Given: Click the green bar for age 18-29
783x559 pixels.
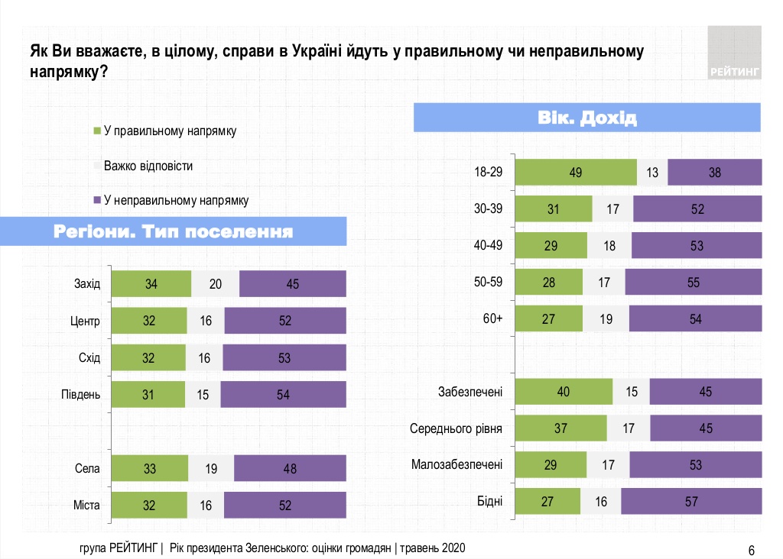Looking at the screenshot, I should coord(576,173).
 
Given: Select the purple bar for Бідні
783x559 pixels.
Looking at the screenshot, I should coord(691,501).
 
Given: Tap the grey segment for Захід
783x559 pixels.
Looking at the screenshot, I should coord(215,284).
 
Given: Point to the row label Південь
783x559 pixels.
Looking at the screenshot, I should coord(80,394).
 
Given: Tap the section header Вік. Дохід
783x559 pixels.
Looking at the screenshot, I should coord(588,118).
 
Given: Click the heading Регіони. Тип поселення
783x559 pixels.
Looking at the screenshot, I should coord(174,231).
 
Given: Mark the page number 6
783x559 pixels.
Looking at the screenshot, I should coord(751,550).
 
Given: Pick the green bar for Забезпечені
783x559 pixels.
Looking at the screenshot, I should coord(564,392).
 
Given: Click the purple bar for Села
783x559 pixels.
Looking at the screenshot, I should coord(290,469).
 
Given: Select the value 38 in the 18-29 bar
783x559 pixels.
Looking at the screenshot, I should coord(715,173).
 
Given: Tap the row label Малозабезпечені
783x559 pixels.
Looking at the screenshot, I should coord(456,464).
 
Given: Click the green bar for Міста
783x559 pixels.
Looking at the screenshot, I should coord(149,505).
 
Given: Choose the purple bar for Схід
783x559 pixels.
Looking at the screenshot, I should coord(284,357).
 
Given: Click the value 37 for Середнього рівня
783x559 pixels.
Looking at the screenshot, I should coord(560,428).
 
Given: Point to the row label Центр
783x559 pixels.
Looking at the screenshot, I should coord(80,321).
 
